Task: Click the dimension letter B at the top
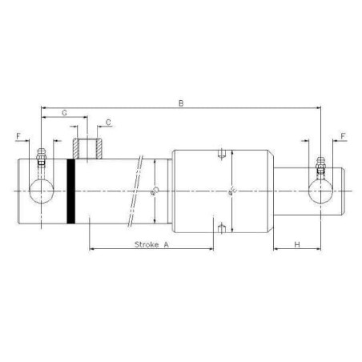[x=183, y=103]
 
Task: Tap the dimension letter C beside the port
[x=107, y=123]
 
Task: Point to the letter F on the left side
[x=18, y=137]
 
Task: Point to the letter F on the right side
[x=342, y=137]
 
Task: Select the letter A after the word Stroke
[x=167, y=245]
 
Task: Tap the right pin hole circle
[x=320, y=191]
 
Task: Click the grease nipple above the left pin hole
[x=41, y=156]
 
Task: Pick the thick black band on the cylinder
[x=71, y=191]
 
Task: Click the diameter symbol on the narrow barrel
[x=155, y=191]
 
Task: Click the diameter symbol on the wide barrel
[x=231, y=191]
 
